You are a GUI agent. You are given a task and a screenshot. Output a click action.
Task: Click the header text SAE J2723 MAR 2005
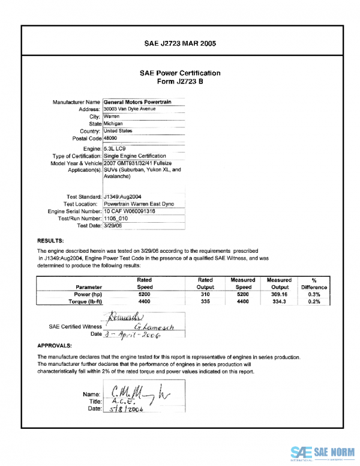point(180,44)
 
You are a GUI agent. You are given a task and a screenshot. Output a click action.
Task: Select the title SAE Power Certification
point(180,73)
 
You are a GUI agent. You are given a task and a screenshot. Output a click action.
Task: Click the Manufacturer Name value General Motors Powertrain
point(137,102)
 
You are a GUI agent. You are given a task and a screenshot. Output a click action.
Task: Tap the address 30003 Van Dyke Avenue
point(130,109)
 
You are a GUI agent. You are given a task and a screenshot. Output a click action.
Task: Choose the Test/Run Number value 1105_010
point(116,219)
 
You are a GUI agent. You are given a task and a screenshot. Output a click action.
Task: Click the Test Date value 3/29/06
point(114,226)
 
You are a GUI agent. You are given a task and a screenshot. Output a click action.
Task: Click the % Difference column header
point(314,283)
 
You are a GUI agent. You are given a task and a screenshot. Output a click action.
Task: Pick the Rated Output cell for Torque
point(205,303)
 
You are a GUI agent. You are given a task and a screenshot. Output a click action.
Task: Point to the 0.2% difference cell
point(314,303)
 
